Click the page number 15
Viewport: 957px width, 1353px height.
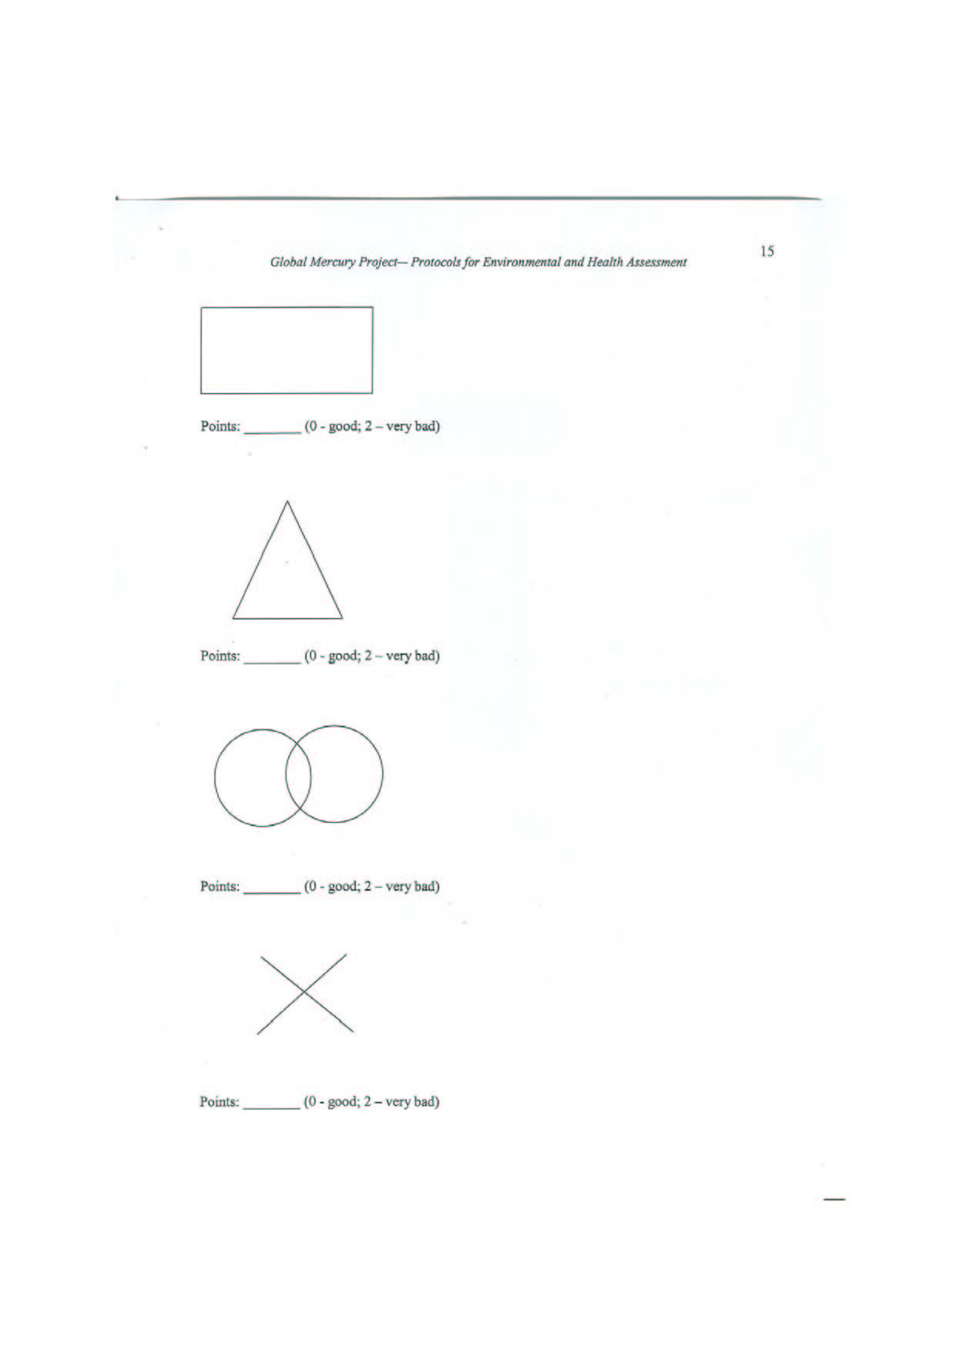[x=767, y=251]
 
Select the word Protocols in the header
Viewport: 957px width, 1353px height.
[x=436, y=262]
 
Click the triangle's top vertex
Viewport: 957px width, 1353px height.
[x=287, y=502]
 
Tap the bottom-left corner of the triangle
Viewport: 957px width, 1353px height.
[x=233, y=618]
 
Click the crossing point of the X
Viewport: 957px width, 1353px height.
[x=305, y=992]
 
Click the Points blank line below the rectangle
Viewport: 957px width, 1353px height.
[x=272, y=431]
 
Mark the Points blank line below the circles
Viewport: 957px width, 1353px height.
[x=272, y=891]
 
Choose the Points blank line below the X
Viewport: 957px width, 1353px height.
[x=272, y=1107]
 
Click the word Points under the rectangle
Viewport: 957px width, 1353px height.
[x=220, y=426]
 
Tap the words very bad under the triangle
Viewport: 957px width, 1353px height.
[x=412, y=656]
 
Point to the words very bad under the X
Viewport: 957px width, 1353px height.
[x=411, y=1102]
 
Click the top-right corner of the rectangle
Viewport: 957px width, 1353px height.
[x=372, y=308]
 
